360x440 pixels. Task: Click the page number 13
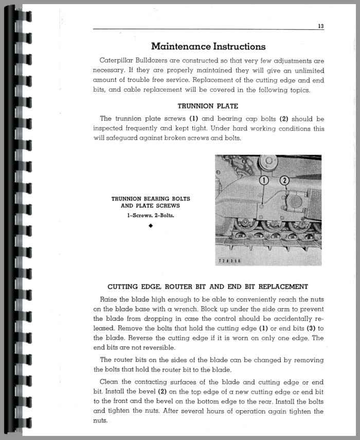(x=320, y=27)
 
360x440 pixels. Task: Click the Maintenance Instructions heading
(x=208, y=46)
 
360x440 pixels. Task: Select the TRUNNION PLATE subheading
(x=208, y=107)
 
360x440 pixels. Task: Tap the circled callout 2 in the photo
(x=284, y=181)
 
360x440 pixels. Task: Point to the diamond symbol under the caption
(x=151, y=225)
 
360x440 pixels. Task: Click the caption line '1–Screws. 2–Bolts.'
(x=151, y=215)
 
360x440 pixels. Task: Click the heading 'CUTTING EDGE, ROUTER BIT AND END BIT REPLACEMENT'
(x=208, y=287)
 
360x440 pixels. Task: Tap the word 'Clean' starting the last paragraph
(x=110, y=382)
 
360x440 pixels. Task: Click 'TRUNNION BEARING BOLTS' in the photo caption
(x=151, y=199)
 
